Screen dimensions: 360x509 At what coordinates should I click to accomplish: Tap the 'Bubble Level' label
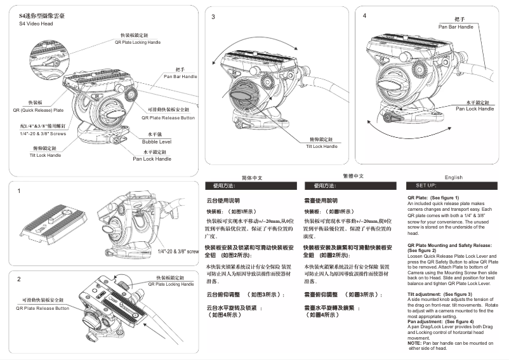coord(153,142)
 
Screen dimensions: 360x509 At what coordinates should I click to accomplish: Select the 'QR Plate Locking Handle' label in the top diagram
coord(139,41)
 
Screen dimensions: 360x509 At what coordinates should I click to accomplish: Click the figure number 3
coord(213,17)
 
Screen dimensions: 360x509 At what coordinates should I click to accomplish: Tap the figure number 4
coord(364,15)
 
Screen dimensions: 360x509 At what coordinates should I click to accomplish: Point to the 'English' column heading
coord(454,177)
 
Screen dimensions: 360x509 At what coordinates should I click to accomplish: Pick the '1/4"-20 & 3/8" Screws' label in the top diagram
coord(43,133)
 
